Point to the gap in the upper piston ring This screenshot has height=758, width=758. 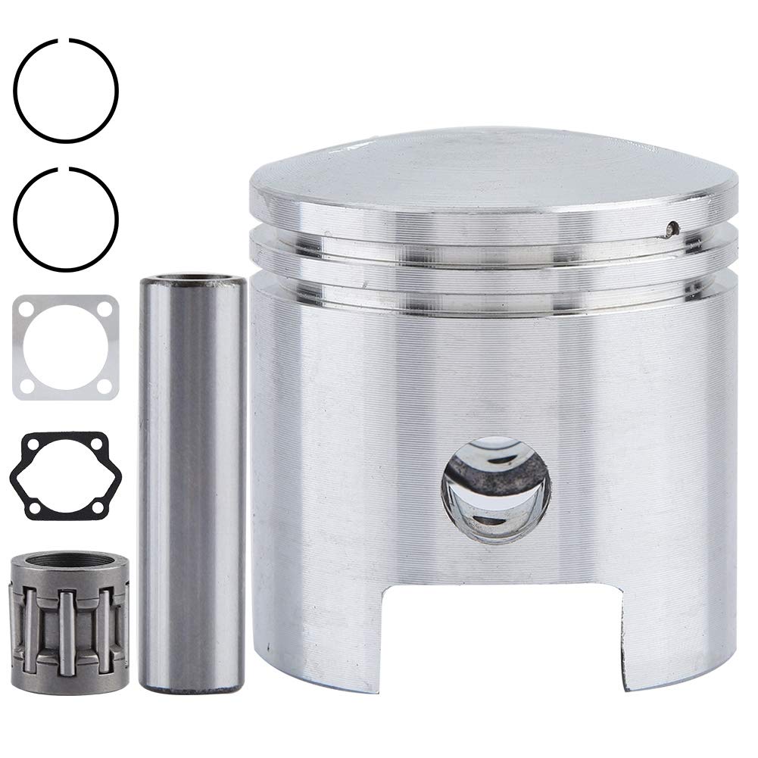[x=69, y=39]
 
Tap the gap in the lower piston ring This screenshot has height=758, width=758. [x=69, y=168]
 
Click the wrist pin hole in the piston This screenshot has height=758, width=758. [x=497, y=491]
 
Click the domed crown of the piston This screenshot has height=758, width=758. [x=492, y=170]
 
